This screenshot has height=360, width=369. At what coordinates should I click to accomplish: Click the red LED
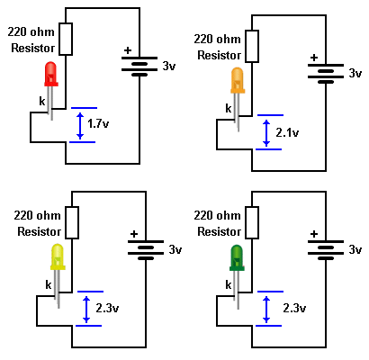pos(51,74)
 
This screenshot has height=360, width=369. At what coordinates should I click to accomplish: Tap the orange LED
pos(238,81)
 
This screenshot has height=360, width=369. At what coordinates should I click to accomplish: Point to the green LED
pos(237,258)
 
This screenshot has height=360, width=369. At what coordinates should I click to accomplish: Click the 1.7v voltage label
pos(98,123)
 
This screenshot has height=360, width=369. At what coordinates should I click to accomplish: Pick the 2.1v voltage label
pos(287,132)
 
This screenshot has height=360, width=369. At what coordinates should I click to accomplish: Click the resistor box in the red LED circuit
pos(66,39)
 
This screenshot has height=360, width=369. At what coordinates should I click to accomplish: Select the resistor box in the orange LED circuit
pos(252,46)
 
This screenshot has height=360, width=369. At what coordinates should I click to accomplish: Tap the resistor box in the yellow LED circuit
pos(72,222)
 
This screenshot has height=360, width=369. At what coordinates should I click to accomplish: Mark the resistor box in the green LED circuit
pos(252,222)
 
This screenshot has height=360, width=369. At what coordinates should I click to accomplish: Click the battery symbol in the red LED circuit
pos(139,67)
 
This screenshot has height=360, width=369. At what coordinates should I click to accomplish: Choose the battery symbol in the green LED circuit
pos(326,250)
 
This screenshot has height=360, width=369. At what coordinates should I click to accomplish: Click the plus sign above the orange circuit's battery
pos(314,58)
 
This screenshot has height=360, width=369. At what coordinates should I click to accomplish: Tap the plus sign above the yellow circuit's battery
pos(134,234)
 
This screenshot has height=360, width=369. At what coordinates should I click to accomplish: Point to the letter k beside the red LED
pos(42,101)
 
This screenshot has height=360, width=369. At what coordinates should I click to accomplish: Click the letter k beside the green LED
pos(229,284)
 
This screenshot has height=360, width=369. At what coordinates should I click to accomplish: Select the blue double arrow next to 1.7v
pos(80,125)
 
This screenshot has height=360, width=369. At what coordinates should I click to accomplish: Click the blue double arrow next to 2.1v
pos(266,132)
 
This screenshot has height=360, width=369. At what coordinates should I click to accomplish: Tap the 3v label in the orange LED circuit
pos(355,73)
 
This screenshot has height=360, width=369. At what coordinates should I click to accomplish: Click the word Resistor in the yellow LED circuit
pos(40,231)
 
